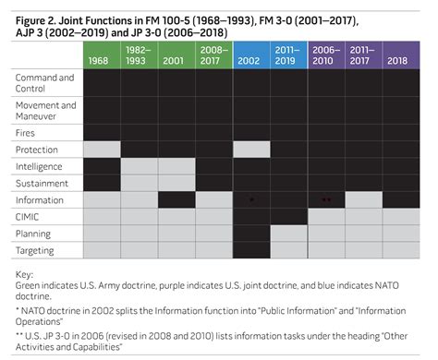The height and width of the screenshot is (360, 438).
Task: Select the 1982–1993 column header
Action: pos(139,54)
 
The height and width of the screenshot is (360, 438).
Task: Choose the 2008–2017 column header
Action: pos(213,54)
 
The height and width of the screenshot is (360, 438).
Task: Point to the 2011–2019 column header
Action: pos(288,54)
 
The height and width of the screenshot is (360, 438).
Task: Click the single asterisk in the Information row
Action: pos(251,199)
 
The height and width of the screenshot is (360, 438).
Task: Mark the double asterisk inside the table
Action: pos(325,199)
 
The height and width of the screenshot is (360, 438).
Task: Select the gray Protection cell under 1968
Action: pos(102,150)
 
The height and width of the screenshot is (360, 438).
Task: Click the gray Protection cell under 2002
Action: pos(251,150)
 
